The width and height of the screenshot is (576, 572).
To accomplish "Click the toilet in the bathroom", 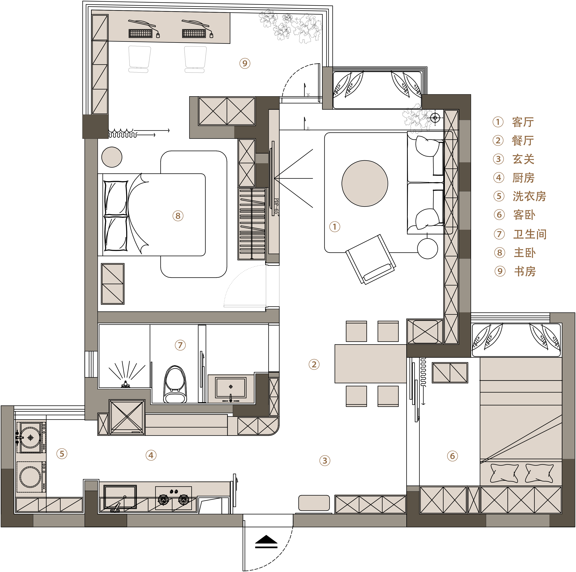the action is tap(175, 385).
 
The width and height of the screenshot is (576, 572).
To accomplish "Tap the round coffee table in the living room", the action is tap(365, 183).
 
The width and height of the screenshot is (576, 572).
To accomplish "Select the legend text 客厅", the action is tap(523, 122).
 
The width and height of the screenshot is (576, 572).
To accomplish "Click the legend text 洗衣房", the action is tap(529, 196).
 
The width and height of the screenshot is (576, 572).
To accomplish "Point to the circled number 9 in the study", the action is tap(245, 63).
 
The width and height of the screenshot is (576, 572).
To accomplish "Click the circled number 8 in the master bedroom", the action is tap(178, 216).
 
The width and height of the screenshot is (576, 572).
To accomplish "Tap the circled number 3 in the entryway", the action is tap(325, 460).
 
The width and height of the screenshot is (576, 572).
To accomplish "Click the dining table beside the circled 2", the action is tap(371, 364).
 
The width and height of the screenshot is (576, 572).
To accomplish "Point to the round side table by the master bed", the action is tap(112, 157).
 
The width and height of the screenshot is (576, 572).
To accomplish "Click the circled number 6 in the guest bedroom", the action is tap(452, 456).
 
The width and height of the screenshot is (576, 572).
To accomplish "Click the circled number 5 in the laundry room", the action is tap(62, 454).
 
